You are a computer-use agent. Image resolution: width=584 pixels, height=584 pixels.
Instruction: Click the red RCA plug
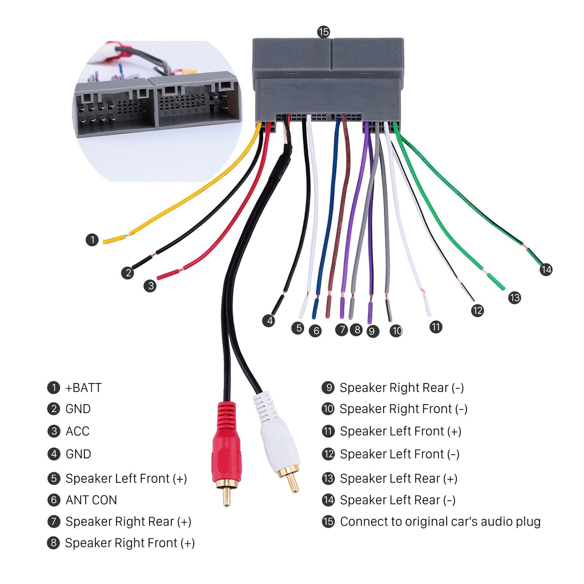pos(227,449)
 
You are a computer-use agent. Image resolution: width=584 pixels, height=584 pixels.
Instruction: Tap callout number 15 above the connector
pos(323,32)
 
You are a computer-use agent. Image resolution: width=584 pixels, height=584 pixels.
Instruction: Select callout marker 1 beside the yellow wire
pos(92,240)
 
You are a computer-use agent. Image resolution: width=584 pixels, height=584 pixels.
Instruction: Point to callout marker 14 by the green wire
pos(546,269)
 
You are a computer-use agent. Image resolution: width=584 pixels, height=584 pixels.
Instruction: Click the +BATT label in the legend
pos(83,388)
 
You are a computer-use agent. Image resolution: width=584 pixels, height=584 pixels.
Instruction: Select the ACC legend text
pos(77,431)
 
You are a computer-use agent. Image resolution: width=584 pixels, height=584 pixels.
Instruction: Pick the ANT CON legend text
pos(91,500)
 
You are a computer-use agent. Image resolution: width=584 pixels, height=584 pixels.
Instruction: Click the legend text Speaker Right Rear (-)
pos(401,388)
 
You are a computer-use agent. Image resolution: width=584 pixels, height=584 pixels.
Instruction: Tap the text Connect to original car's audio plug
pos(440,521)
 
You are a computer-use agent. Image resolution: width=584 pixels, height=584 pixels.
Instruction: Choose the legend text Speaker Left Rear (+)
pos(398,479)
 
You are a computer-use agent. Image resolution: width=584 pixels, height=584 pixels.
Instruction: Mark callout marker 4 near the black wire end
pos(268,321)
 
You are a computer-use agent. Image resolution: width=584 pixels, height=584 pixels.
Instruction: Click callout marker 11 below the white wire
pos(435,327)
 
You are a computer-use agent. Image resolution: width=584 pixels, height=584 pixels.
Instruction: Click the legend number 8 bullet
pos(53,543)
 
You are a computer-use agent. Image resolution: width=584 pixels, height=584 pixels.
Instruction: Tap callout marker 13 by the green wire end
pos(514,298)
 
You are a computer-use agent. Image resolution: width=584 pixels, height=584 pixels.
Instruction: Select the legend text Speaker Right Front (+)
pos(130,543)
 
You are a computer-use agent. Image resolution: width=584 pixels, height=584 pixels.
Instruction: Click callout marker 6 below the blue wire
pos(315,331)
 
